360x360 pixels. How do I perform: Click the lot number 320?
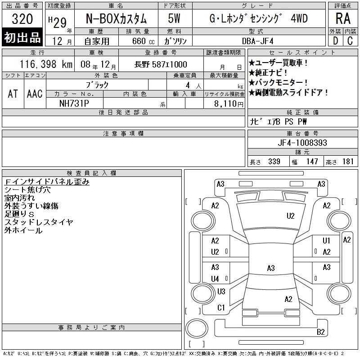click(22, 18)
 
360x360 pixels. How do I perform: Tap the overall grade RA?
click(343, 18)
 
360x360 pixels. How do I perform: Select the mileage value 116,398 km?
click(46, 64)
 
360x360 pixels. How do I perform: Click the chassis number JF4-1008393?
click(302, 143)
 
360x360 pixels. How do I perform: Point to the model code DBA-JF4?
click(257, 41)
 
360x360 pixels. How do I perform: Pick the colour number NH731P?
click(74, 103)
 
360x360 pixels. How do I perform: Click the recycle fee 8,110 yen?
click(229, 104)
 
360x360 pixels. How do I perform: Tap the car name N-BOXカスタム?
click(116, 18)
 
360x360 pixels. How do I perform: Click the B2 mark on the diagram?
click(320, 332)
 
